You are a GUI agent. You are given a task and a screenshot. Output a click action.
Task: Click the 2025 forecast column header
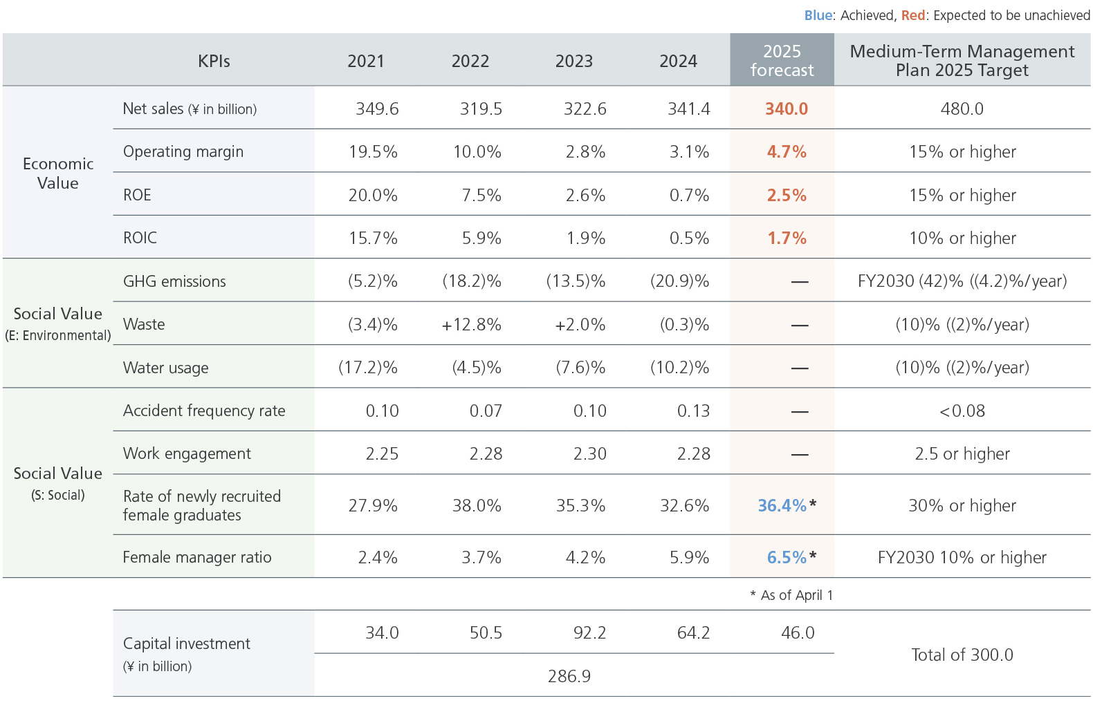click(x=782, y=61)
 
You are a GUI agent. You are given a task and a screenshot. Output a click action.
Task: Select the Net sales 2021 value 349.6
click(x=377, y=109)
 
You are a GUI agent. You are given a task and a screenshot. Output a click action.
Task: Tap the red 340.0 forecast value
click(x=787, y=109)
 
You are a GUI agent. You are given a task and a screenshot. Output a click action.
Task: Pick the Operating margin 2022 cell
click(x=477, y=152)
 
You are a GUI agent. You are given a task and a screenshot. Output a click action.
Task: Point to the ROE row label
click(x=137, y=195)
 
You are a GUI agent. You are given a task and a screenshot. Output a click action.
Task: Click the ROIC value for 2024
click(x=689, y=238)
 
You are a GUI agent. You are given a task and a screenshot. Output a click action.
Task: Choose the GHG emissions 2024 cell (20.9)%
click(x=679, y=281)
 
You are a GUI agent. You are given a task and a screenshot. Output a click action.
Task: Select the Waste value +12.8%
click(x=471, y=325)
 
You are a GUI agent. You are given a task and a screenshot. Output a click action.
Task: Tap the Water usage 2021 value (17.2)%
click(x=367, y=368)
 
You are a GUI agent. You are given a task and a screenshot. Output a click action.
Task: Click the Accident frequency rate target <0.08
click(x=962, y=411)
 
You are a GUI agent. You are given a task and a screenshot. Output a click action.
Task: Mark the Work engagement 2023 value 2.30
click(x=589, y=454)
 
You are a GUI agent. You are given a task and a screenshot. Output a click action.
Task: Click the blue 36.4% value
click(x=782, y=506)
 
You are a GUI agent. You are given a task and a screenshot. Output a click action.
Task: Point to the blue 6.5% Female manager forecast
click(x=787, y=558)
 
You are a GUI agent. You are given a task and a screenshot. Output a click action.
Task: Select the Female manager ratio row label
click(x=197, y=558)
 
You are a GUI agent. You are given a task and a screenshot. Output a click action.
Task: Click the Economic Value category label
click(x=58, y=173)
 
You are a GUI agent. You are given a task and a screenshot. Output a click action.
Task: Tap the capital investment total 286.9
click(x=569, y=676)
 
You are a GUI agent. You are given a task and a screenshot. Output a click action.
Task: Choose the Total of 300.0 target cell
click(x=962, y=655)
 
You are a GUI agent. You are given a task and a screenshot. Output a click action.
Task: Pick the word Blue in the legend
click(x=818, y=15)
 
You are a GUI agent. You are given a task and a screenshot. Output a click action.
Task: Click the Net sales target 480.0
click(x=962, y=109)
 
